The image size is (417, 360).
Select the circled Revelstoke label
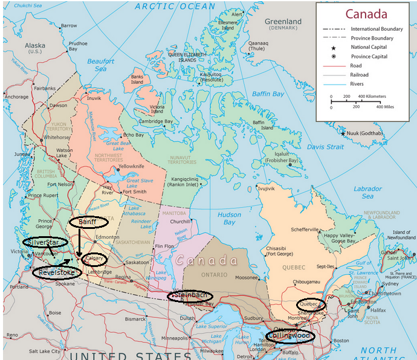53,272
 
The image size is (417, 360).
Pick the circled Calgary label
95,259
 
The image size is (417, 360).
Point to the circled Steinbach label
190,295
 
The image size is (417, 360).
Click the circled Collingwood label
289,335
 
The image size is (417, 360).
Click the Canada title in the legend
366,14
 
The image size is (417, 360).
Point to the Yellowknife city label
132,166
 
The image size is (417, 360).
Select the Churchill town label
181,221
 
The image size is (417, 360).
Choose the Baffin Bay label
268,94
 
